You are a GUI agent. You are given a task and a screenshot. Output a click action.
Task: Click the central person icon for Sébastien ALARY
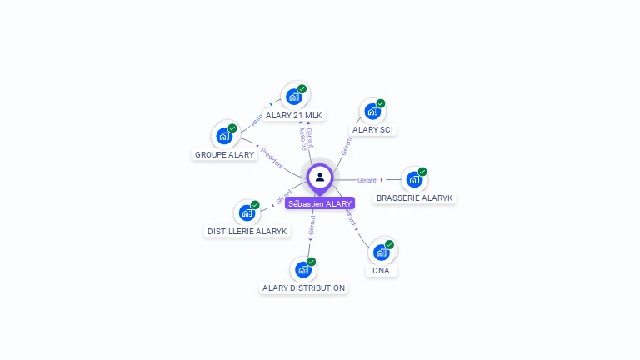pos(320,177)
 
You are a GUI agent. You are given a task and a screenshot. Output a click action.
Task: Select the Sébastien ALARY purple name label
pos(320,203)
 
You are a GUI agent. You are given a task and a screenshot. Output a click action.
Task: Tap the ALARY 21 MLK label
pos(294,115)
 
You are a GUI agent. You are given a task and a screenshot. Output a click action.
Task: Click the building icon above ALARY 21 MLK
pos(294,97)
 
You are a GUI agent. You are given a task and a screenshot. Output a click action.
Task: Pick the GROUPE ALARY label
pos(224,154)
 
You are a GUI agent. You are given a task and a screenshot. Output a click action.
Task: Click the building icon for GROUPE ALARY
pos(224,136)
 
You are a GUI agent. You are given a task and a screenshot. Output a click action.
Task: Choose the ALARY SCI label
pos(372,129)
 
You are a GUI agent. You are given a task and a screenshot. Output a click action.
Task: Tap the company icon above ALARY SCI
pos(372,111)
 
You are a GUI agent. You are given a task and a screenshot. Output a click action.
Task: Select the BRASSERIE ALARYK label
pos(414,197)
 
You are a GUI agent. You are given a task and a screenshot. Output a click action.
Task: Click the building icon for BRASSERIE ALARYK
pos(414,179)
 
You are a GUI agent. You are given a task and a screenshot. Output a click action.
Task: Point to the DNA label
pos(381,270)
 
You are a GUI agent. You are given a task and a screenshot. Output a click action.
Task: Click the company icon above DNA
pos(381,252)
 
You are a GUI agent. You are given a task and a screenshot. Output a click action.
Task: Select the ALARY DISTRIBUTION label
pos(303,287)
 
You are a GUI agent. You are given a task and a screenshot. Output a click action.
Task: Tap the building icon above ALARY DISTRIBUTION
pos(303,269)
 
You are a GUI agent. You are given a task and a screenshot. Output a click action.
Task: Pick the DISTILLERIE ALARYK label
pos(247,231)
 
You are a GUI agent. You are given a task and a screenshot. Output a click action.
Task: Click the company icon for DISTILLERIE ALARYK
pos(247,212)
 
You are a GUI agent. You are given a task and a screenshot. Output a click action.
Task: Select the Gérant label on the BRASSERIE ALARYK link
pos(367,179)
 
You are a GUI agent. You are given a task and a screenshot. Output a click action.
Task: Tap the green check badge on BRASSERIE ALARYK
pos(422,172)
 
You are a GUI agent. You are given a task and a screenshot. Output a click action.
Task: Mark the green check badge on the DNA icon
pos(389,244)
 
